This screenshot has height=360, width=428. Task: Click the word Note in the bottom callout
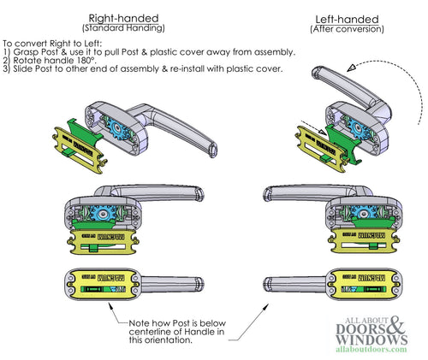[x=149, y=322]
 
